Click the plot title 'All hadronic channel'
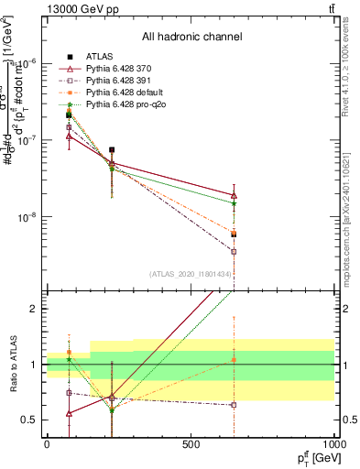click(191, 38)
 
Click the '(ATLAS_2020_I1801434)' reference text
click(191, 274)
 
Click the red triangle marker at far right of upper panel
click(235, 195)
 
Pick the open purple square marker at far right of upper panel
click(235, 251)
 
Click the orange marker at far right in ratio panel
click(235, 360)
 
